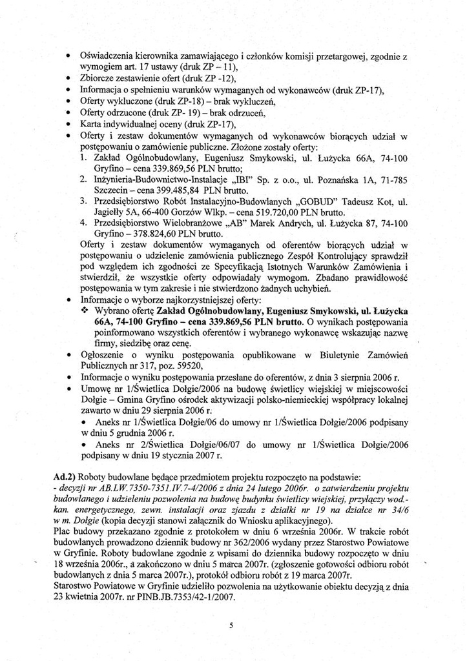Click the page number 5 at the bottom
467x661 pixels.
[x=231, y=625]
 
